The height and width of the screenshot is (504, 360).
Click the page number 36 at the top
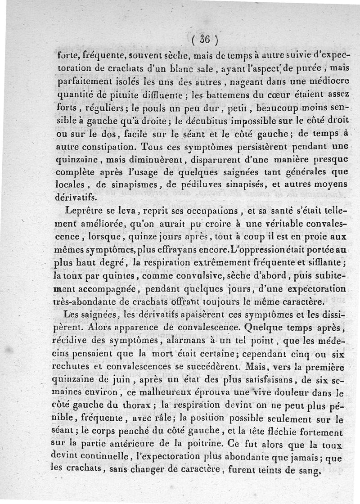pos(204,40)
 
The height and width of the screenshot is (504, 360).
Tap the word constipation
pos(108,147)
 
